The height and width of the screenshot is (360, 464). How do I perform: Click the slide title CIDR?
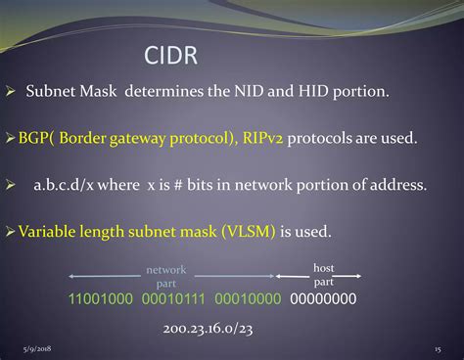tap(171, 54)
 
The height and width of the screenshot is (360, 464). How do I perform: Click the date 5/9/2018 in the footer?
tap(38, 349)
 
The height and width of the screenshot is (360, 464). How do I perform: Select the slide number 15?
tap(437, 349)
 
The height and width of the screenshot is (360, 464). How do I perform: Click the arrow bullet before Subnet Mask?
tap(11, 92)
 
